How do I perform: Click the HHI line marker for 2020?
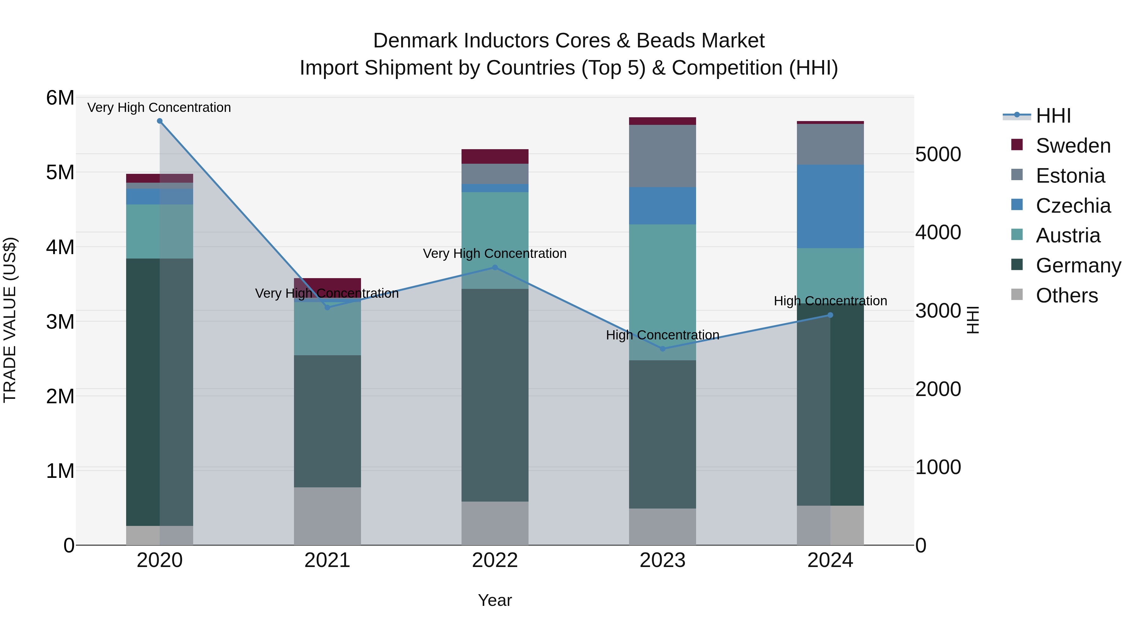point(160,121)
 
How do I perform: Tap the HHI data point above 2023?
point(662,349)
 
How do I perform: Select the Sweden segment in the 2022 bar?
point(495,156)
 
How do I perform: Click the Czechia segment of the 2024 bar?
point(830,206)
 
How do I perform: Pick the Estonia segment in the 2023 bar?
point(662,156)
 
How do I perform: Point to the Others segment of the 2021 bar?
point(327,516)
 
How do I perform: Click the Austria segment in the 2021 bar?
point(327,329)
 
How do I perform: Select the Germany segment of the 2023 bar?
point(662,434)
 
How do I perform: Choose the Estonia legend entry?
point(1070,176)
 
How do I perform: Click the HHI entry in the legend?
point(1053,116)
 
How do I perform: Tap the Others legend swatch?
point(1017,295)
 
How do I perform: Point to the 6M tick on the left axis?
point(60,98)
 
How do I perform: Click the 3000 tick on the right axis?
point(938,311)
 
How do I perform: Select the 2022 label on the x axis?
point(495,560)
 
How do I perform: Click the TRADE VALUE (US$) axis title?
point(10,320)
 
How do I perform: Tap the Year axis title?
point(495,600)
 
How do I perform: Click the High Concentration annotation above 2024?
point(830,301)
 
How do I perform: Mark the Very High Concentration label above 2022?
point(495,253)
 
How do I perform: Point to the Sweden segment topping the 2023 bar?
point(662,121)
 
